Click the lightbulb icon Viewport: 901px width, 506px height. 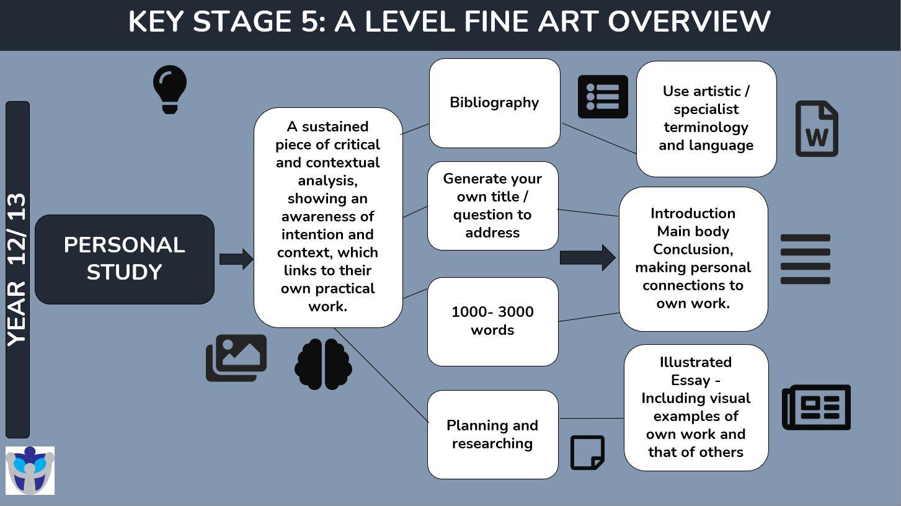(x=170, y=89)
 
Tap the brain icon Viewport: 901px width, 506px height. (x=323, y=365)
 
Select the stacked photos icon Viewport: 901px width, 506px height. (x=236, y=358)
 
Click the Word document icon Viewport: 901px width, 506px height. (x=817, y=129)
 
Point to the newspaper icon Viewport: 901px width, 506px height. (x=816, y=407)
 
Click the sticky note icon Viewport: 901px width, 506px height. (x=587, y=453)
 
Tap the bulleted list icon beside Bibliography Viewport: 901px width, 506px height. (x=603, y=97)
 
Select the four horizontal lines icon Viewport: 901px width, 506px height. (x=806, y=259)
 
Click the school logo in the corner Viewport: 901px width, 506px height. (x=30, y=470)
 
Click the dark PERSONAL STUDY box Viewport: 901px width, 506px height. (x=125, y=259)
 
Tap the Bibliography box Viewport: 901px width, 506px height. (x=495, y=104)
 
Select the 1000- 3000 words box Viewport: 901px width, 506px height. (x=493, y=321)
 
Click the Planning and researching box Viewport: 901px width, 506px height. (x=493, y=435)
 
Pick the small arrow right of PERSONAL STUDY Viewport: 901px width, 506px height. (x=236, y=259)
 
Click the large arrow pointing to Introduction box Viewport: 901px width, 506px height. (x=588, y=257)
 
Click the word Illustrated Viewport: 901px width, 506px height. (x=696, y=362)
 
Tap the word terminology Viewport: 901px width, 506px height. (x=706, y=128)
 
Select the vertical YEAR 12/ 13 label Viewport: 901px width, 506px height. (x=17, y=270)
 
